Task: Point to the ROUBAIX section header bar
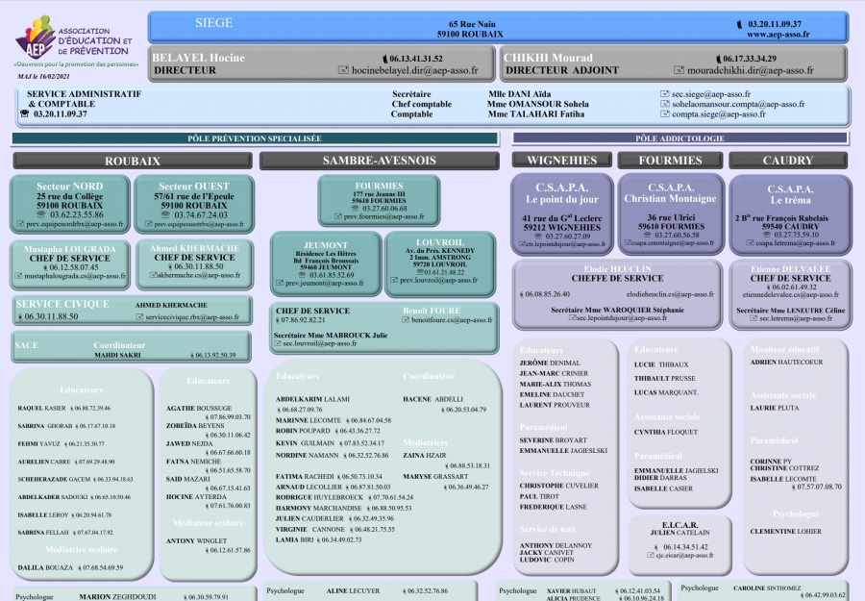[x=132, y=161]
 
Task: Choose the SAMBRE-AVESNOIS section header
[x=379, y=161]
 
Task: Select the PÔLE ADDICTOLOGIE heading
[x=680, y=138]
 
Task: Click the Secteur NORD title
[x=69, y=186]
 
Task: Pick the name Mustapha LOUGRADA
[x=63, y=248]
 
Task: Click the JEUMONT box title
[x=325, y=245]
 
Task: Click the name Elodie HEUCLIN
[x=617, y=268]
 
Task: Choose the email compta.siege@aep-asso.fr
[x=718, y=114]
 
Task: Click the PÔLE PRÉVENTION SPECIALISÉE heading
[x=254, y=138]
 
